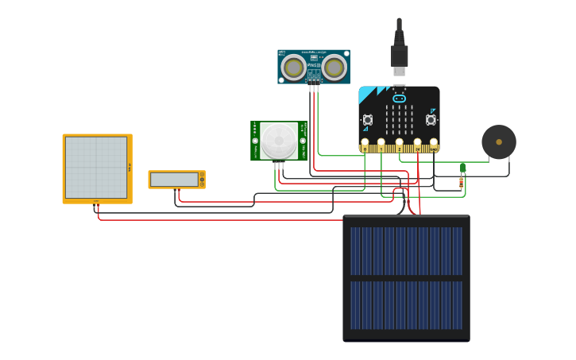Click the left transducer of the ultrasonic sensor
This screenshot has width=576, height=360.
tap(293, 68)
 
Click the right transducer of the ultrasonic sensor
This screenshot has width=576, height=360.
tap(334, 68)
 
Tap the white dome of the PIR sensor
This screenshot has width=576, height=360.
tap(279, 141)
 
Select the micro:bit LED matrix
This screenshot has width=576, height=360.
tap(399, 120)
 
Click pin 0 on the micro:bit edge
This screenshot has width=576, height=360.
tap(365, 146)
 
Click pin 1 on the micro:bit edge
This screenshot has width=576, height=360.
tap(381, 146)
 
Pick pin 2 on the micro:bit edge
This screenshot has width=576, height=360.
tap(399, 146)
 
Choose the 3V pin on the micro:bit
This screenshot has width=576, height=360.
tap(417, 146)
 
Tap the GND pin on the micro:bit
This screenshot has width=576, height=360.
tap(434, 146)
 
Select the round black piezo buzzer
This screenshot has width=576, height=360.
tap(499, 142)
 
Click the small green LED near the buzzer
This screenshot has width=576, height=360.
tap(462, 167)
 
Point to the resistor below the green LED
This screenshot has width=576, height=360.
tap(461, 184)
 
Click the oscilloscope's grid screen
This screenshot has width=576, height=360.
tap(96, 168)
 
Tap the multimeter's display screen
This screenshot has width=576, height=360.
tap(174, 180)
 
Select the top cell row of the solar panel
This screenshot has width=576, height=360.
tap(406, 251)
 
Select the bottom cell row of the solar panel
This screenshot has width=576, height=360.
tap(406, 305)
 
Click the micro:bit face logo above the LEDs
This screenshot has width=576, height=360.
tap(399, 99)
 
